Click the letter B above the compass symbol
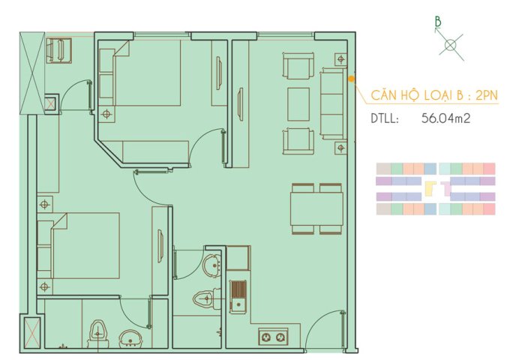pos(438,22)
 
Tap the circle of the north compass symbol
pos(450,45)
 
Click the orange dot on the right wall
pos(352,77)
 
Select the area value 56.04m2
pos(445,118)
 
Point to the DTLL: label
pos(385,118)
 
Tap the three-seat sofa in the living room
pos(330,103)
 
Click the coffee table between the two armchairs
pos(298,103)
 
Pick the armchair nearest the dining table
pos(298,140)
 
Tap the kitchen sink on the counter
pos(238,296)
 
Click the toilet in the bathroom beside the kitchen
pos(205,298)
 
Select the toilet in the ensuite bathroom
pos(97,331)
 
